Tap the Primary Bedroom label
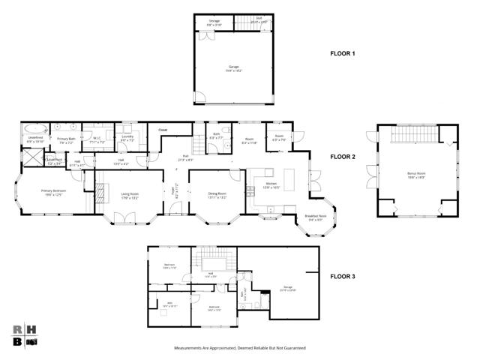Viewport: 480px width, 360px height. coord(47,193)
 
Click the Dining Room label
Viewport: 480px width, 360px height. coord(217,195)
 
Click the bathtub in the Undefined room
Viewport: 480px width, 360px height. coord(34,128)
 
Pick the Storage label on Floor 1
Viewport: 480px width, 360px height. coord(214,22)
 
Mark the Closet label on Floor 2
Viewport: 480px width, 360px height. coord(163,130)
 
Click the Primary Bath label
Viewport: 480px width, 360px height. coord(65,139)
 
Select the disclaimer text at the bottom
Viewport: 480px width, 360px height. coord(240,347)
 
